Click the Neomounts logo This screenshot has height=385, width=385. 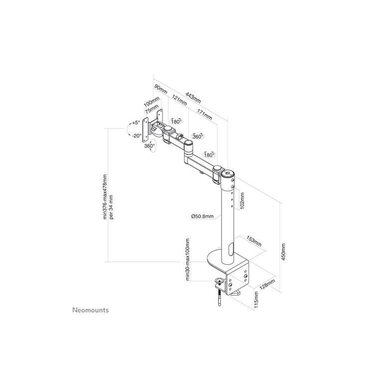91,310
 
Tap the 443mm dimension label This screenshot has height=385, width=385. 193,97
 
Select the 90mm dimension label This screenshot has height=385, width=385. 161,89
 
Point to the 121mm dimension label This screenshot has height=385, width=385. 179,100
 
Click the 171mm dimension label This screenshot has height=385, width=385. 204,114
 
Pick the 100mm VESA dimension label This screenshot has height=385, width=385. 152,102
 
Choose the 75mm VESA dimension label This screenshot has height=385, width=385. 152,109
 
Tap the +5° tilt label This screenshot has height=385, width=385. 136,123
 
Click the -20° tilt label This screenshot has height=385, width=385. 137,136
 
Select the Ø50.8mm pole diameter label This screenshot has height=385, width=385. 202,216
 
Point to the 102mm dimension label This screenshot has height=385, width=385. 242,200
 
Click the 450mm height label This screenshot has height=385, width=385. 283,252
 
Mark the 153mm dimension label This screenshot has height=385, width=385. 254,241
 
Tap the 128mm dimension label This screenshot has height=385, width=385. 267,284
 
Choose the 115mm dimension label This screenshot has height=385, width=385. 256,300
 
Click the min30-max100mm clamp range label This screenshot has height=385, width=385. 188,259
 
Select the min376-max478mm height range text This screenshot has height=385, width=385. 105,196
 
